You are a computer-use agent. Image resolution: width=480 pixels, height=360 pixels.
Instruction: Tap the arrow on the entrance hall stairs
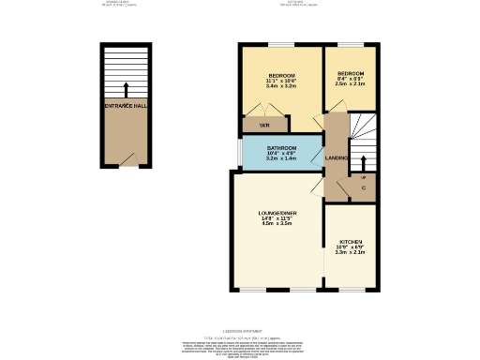point(126,90)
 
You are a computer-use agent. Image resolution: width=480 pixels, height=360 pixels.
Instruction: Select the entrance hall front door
point(137,160)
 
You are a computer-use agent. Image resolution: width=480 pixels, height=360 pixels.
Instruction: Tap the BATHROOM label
point(281,148)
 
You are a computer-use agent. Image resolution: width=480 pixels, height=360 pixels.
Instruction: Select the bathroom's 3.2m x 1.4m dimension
point(281,160)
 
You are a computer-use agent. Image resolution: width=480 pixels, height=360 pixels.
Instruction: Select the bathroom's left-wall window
point(238,153)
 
